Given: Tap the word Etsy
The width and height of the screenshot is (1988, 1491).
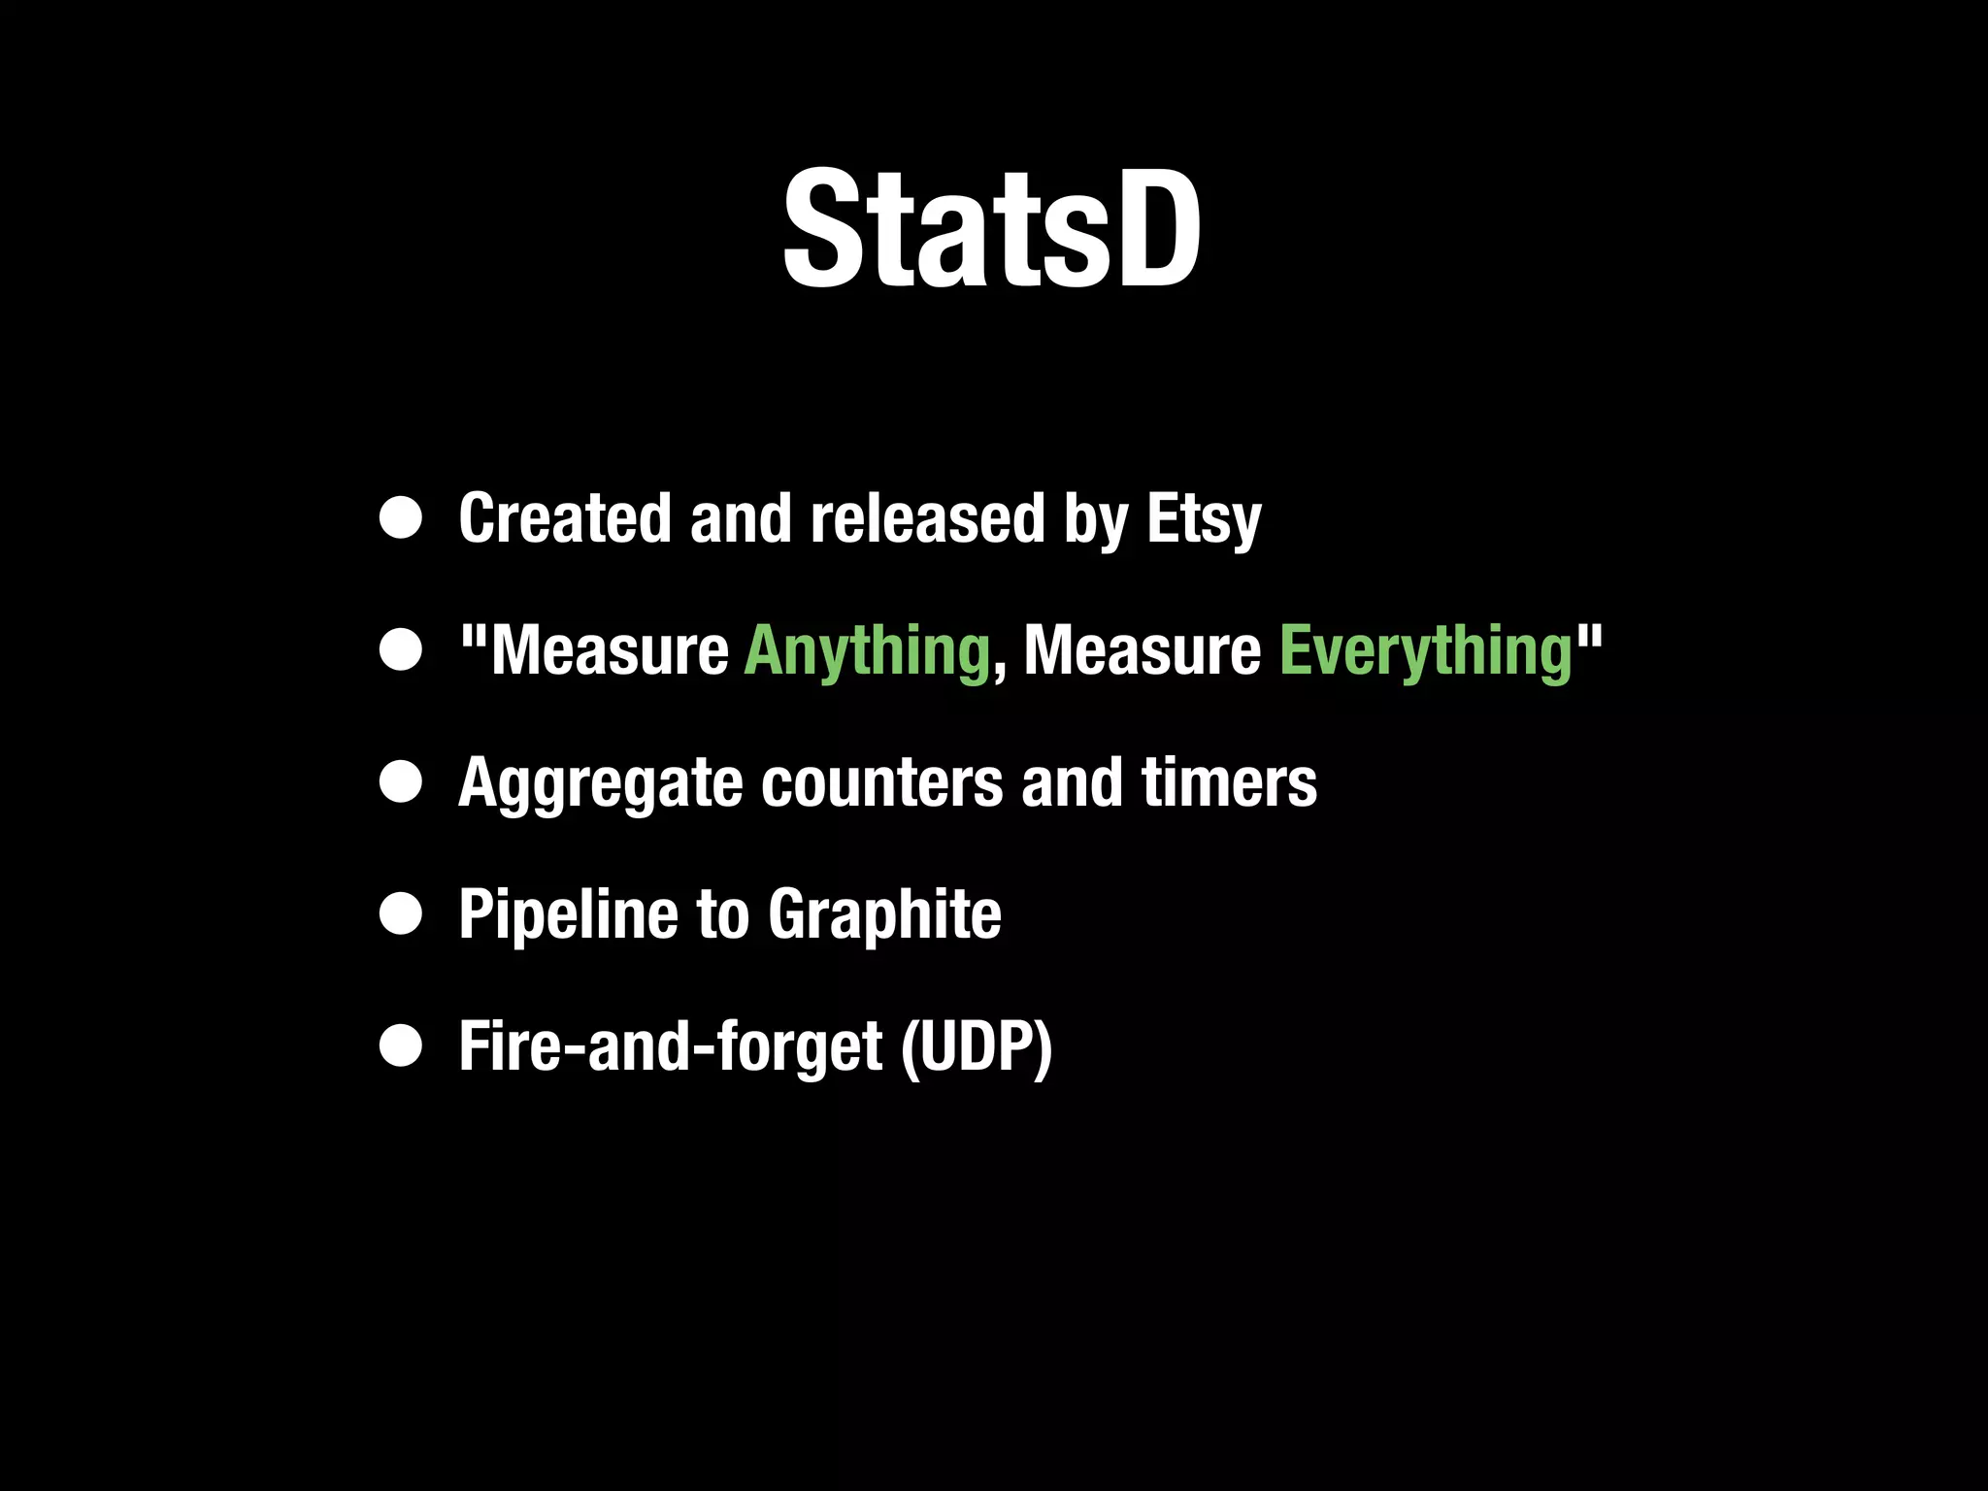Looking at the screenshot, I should coord(1204,520).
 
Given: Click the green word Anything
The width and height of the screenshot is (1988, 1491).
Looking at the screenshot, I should coord(867,651).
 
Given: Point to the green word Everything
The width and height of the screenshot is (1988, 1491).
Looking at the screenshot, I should coord(1426,651).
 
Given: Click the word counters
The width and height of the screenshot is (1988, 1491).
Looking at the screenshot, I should coord(881,782).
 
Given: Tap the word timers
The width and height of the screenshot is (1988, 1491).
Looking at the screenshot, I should coord(1229,782).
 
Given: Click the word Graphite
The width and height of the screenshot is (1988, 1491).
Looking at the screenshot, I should coord(884,915).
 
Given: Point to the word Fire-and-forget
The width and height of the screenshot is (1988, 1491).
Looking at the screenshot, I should coord(671,1047).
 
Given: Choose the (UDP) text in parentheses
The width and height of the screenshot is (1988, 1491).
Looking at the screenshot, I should coord(977,1047).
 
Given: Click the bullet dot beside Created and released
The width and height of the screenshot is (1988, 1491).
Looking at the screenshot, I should coord(401,518).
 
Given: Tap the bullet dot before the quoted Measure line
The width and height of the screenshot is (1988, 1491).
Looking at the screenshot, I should coord(401,650).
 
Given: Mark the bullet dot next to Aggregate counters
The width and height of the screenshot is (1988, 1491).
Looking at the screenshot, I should coord(401,782).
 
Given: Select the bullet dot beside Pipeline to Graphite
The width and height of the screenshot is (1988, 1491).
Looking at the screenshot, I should coord(401,914).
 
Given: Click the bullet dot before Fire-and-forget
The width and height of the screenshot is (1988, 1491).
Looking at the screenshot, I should coord(401,1046).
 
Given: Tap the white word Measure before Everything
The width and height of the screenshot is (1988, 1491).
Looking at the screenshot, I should coord(1143,651).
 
